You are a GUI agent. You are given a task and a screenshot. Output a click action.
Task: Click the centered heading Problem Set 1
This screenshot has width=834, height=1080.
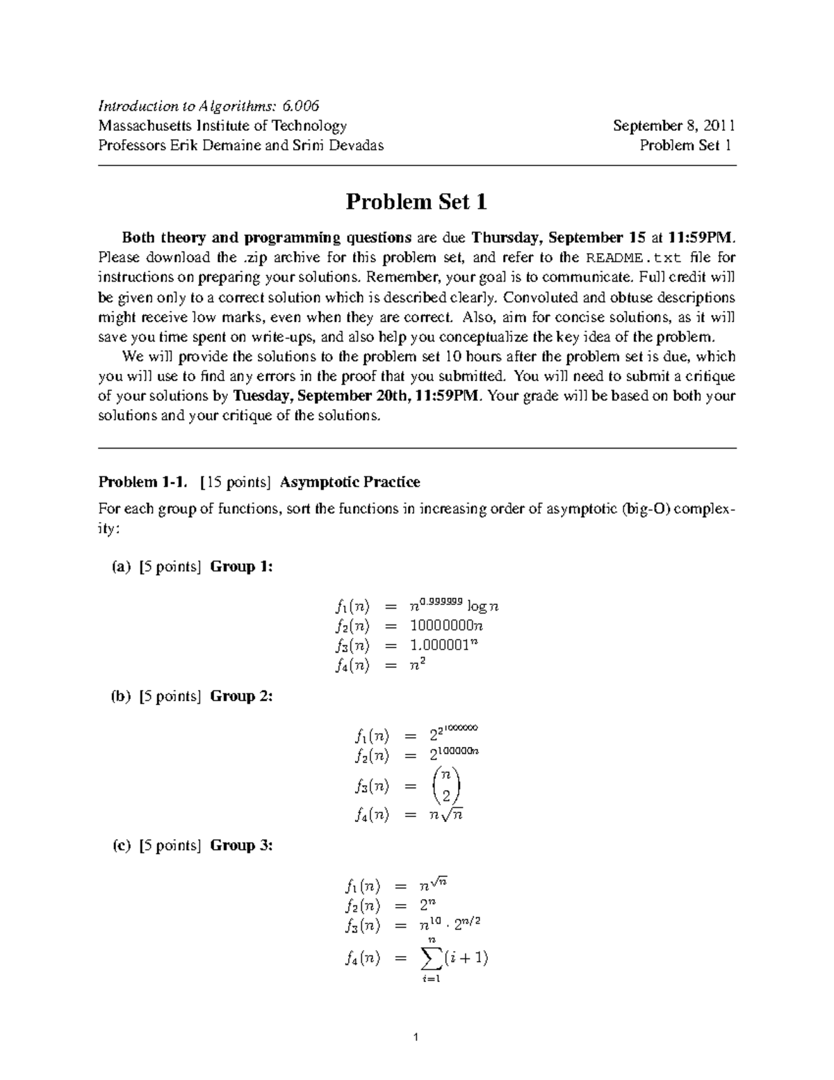(416, 202)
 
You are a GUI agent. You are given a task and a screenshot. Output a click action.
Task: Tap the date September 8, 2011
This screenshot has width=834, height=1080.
(673, 126)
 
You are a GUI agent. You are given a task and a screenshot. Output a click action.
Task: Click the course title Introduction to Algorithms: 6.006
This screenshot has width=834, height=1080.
(208, 106)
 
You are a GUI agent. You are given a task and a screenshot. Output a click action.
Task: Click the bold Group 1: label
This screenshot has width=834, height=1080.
(242, 567)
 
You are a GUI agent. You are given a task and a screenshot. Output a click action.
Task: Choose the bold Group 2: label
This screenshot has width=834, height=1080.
(242, 696)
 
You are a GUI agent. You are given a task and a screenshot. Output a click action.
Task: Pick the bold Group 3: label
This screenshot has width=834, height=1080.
(242, 846)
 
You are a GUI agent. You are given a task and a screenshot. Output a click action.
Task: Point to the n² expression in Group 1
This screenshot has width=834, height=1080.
(417, 666)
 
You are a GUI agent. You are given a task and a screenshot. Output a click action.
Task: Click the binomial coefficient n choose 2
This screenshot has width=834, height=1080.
(445, 786)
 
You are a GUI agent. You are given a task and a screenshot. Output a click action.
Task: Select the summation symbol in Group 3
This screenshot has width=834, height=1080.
(432, 958)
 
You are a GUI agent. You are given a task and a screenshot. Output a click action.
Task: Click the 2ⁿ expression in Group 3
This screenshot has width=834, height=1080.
(427, 905)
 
